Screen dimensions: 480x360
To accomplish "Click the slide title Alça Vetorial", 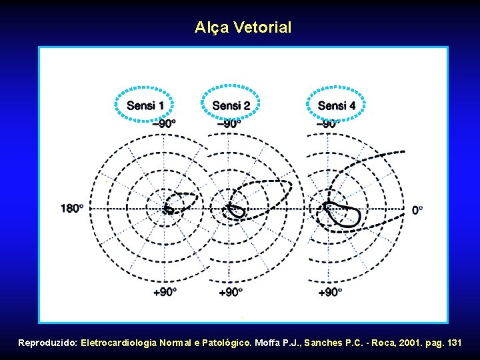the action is [243, 28].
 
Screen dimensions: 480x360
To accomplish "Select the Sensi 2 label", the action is [231, 105].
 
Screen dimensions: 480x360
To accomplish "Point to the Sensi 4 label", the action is [336, 105].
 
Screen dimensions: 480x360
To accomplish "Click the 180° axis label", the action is [72, 209].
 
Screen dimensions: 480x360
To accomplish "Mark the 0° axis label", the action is [417, 210].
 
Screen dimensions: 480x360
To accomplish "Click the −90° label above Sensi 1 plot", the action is [164, 123].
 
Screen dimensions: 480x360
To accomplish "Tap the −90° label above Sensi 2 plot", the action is [229, 123].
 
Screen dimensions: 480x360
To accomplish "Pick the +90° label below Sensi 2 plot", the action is [231, 292].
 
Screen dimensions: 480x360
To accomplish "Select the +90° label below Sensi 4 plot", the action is [330, 292].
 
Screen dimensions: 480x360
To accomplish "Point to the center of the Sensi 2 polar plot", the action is [229, 209].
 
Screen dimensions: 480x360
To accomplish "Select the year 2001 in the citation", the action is [400, 343].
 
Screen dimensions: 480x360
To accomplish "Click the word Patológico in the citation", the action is [224, 343].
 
